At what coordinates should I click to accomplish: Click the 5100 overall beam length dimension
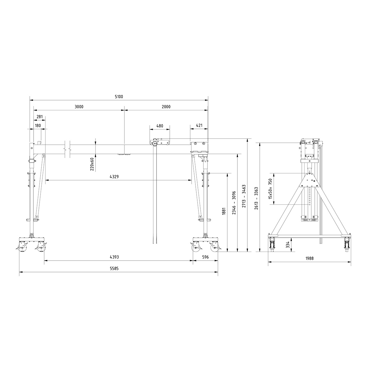tap(119, 97)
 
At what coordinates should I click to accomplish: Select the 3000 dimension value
tap(79, 107)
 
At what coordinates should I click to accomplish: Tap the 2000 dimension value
tap(166, 107)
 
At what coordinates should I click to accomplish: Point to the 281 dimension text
tap(40, 117)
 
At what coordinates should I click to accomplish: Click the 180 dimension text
tap(38, 126)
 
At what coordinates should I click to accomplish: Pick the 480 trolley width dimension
tap(160, 126)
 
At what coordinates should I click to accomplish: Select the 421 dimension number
tap(199, 126)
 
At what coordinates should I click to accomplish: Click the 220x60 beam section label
tap(92, 164)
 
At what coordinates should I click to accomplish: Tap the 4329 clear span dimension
tap(114, 177)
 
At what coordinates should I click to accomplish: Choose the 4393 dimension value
tap(114, 257)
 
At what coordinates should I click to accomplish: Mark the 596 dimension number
tap(205, 257)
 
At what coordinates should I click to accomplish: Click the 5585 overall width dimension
tap(114, 269)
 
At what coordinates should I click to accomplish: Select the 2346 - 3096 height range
tap(234, 203)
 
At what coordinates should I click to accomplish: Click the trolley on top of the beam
tap(160, 143)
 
